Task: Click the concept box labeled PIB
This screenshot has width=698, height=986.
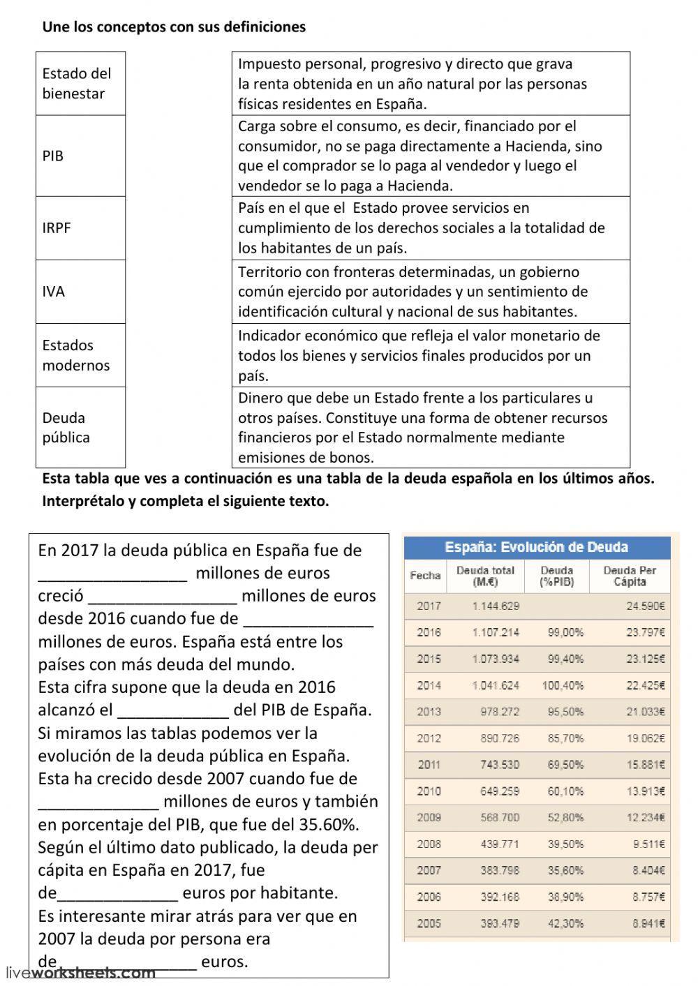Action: (x=80, y=156)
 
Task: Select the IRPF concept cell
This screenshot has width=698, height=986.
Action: (x=80, y=228)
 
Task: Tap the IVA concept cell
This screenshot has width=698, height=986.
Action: (x=80, y=292)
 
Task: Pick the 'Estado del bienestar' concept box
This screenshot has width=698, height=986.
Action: (x=80, y=83)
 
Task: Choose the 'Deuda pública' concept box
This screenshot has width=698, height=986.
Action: (x=80, y=427)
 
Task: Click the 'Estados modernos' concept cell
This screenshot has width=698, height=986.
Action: (x=80, y=355)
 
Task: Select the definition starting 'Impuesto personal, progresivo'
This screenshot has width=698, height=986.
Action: (x=431, y=84)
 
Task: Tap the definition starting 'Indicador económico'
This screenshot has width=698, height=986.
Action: (x=431, y=355)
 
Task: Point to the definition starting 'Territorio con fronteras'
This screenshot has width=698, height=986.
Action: (x=431, y=292)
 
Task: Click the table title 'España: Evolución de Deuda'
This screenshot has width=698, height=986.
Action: (x=536, y=547)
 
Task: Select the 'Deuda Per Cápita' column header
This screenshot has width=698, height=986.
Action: (x=630, y=576)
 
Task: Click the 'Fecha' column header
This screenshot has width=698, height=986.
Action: (x=425, y=576)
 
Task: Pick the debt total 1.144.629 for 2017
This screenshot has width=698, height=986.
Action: (x=496, y=606)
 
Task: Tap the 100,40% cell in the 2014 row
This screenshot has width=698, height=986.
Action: (x=563, y=685)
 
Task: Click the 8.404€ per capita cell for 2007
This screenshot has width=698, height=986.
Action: (x=646, y=870)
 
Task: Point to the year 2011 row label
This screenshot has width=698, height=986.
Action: (x=429, y=765)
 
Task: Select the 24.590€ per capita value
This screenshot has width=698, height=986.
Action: (x=646, y=606)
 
